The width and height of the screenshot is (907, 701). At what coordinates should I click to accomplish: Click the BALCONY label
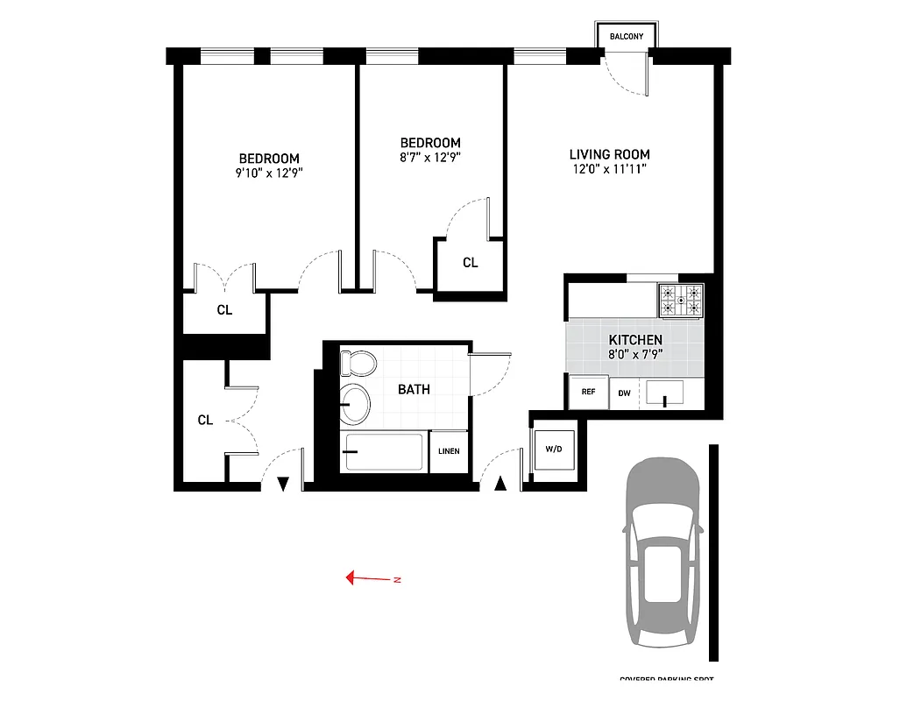click(x=627, y=37)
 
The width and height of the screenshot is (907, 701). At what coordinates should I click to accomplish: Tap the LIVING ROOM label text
click(x=608, y=154)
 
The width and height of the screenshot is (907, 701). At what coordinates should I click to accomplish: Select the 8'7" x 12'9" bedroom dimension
click(x=430, y=158)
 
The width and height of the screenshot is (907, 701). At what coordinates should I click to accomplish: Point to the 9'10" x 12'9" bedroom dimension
click(x=269, y=173)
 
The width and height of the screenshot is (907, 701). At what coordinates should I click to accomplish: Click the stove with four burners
click(x=681, y=300)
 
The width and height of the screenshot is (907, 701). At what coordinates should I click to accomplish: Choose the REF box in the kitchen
click(x=588, y=393)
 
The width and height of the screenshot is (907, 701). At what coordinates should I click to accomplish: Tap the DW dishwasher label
click(x=625, y=393)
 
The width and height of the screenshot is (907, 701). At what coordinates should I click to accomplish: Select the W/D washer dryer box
click(x=554, y=450)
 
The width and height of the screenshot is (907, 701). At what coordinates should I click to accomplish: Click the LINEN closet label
click(x=449, y=452)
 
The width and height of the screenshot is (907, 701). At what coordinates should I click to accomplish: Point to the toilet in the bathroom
click(x=358, y=362)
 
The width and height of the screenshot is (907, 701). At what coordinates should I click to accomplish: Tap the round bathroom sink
click(x=355, y=402)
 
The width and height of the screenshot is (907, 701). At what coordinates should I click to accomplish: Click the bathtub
click(x=382, y=452)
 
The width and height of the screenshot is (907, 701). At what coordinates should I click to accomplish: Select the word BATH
click(x=414, y=389)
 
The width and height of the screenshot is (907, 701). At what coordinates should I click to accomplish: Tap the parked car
click(x=663, y=554)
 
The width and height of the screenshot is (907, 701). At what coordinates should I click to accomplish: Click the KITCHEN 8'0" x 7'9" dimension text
click(x=635, y=355)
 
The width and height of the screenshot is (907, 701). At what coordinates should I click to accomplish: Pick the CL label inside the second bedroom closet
click(x=471, y=263)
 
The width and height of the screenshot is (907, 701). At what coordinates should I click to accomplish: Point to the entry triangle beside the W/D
click(x=500, y=483)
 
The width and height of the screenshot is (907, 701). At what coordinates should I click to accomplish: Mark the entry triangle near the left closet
click(x=283, y=484)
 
